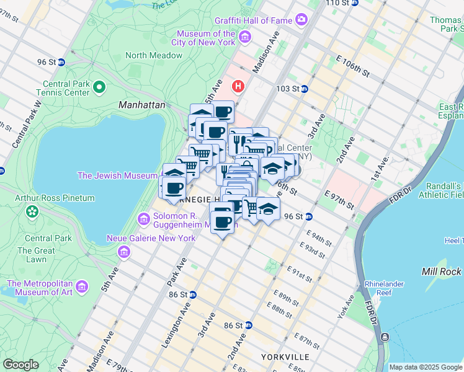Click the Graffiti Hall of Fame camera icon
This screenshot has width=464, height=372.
click(x=301, y=20)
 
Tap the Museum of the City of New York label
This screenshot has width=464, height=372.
click(x=206, y=38)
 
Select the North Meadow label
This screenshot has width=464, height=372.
click(x=154, y=55)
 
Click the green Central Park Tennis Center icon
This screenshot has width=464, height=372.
click(x=99, y=87)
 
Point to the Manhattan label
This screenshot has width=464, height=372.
click(x=142, y=105)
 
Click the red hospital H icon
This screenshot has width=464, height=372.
click(x=236, y=85)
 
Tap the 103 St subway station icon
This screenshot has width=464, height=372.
click(x=305, y=89)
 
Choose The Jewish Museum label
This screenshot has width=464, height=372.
click(x=117, y=175)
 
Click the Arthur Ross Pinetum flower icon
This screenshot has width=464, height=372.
click(x=32, y=212)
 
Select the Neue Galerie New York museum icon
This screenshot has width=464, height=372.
click(x=124, y=252)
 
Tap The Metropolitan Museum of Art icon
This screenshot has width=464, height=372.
click(x=82, y=286)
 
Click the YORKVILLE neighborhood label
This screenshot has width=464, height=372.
click(x=285, y=357)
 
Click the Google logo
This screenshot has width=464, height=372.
click(x=21, y=365)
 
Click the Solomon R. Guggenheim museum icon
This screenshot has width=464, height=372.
click(x=144, y=219)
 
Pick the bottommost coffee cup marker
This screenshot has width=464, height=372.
click(x=222, y=221)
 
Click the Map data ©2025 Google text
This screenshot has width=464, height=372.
click(x=425, y=367)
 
